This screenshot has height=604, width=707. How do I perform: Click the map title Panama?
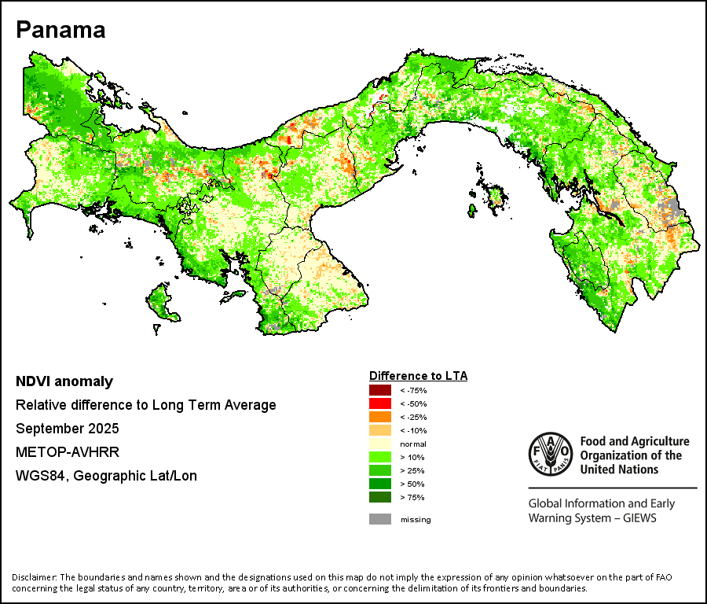pos(60,30)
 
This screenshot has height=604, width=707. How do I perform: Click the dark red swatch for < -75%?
pos(380,390)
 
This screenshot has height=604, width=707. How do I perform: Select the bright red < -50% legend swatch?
pos(380,403)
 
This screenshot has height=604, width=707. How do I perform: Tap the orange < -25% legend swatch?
pos(380,417)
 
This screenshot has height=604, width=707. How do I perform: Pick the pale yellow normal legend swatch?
pos(380,444)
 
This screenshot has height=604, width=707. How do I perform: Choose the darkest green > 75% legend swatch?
pos(380,498)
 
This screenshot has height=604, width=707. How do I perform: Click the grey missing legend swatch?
pos(380,519)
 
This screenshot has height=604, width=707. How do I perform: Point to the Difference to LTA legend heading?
pos(418,376)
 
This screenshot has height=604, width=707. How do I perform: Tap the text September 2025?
pos(68,429)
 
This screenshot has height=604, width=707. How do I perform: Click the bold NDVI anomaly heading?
pos(64,382)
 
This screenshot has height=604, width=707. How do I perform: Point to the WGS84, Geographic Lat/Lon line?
pos(106,476)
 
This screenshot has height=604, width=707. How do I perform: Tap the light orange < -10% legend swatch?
pos(380,431)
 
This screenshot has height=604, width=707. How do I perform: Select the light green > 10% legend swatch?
pos(380,458)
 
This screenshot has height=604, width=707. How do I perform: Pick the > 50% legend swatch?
pos(380,484)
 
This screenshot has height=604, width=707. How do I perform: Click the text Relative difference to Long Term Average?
pos(146,406)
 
